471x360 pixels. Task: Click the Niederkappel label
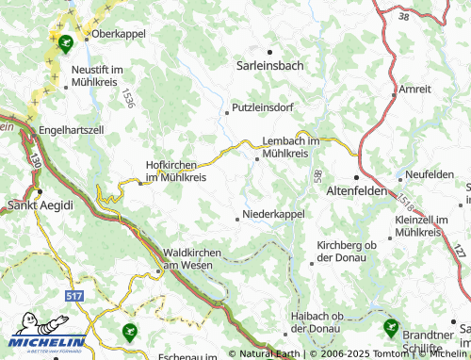(273, 215)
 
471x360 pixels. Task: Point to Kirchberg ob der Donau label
(347, 251)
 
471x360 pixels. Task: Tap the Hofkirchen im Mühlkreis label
(175, 171)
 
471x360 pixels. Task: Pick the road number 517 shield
(74, 296)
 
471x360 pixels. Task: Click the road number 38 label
(403, 16)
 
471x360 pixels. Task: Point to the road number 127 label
(459, 249)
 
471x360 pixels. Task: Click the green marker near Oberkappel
(64, 42)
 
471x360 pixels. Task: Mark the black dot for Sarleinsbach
(269, 52)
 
